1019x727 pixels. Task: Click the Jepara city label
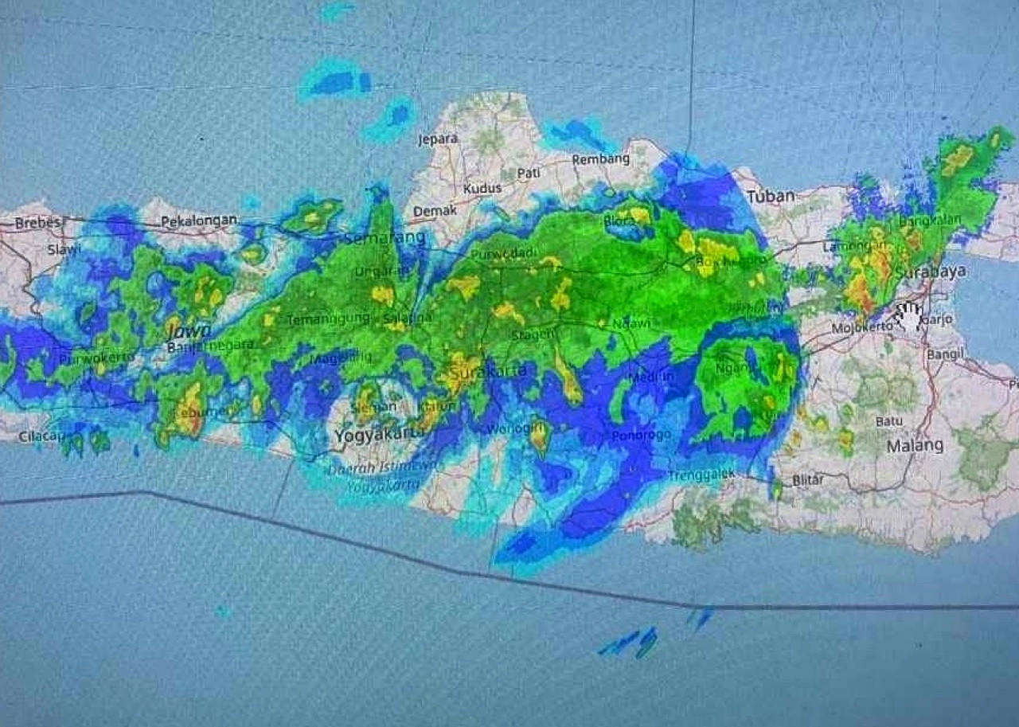(438, 139)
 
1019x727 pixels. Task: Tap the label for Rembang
(600, 158)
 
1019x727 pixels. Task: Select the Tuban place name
(771, 196)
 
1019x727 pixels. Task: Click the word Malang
(915, 445)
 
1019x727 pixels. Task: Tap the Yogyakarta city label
(377, 436)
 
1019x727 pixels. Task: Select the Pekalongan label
(199, 220)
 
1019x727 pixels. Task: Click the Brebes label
(37, 223)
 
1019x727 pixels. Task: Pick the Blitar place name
(808, 480)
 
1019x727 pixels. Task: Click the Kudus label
(483, 189)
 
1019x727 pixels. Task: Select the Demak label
(435, 211)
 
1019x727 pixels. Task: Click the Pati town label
(529, 172)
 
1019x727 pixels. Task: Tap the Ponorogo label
(641, 436)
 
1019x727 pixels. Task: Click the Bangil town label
(945, 353)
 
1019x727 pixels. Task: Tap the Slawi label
(64, 249)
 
